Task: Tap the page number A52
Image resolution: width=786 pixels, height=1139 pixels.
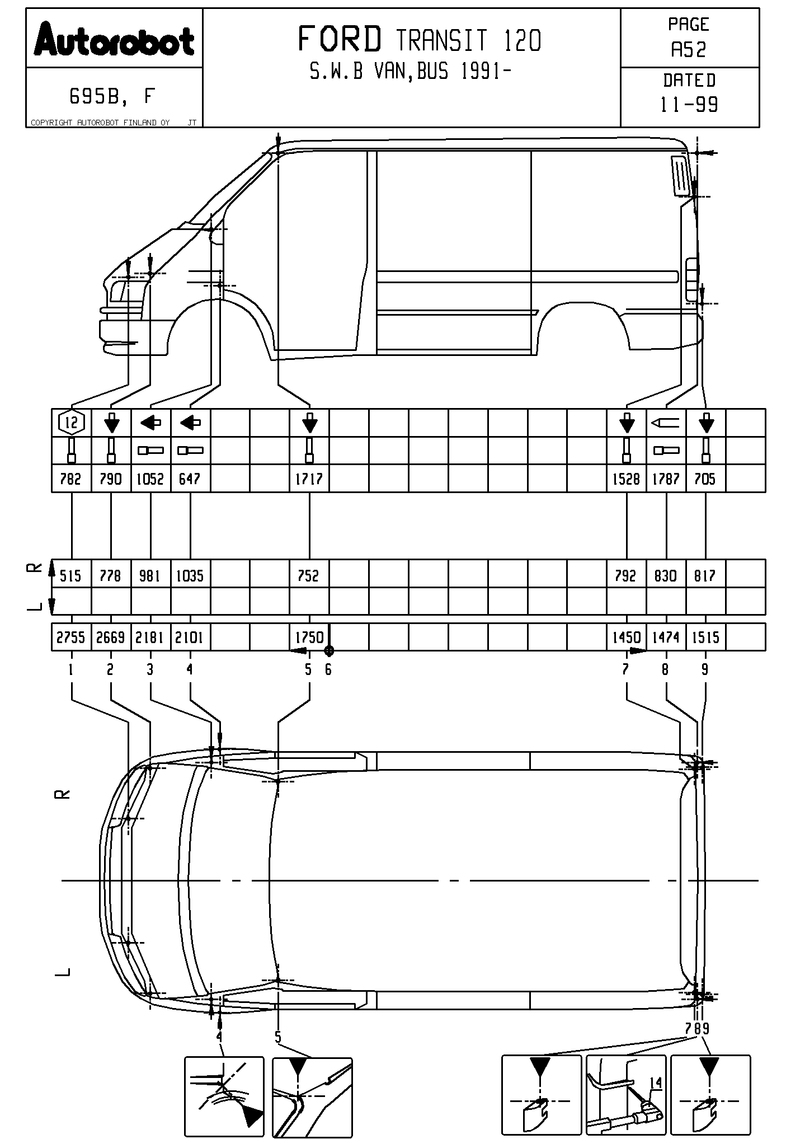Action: [x=689, y=50]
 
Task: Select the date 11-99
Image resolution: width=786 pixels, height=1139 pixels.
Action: [x=689, y=105]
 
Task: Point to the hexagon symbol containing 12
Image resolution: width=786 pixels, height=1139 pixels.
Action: [x=71, y=423]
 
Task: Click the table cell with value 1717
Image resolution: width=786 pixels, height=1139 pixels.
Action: [x=309, y=479]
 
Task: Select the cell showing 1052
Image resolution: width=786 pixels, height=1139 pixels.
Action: [x=150, y=479]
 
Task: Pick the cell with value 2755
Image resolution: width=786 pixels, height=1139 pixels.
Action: [x=71, y=638]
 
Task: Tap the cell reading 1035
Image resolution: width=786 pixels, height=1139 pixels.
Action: [x=190, y=575]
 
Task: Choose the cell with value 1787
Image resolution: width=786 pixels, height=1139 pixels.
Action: [x=666, y=479]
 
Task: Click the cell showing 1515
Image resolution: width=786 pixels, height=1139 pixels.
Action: [x=705, y=638]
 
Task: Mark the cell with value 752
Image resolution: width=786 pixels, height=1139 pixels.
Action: [x=309, y=575]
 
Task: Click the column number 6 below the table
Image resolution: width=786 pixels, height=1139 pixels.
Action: [x=328, y=669]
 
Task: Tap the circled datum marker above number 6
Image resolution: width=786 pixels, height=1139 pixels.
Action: [x=329, y=651]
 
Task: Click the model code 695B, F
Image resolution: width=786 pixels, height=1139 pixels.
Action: [x=111, y=97]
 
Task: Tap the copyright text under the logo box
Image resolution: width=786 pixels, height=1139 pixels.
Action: [x=101, y=123]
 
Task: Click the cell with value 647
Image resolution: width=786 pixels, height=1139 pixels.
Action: [x=190, y=479]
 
